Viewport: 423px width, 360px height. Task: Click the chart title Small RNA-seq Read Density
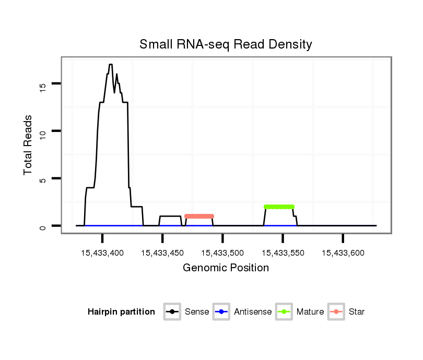point(226,44)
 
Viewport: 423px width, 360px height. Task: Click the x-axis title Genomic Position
point(226,268)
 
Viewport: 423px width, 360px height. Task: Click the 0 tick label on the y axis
point(43,226)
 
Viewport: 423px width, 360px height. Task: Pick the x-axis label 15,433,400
point(102,253)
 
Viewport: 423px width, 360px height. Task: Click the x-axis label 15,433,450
point(162,253)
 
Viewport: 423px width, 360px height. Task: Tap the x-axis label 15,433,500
point(222,253)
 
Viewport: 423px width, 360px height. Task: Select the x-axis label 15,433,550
point(283,253)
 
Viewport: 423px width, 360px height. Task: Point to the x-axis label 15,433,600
point(343,253)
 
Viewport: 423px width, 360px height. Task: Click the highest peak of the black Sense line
point(111,65)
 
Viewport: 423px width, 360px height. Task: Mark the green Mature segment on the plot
point(279,207)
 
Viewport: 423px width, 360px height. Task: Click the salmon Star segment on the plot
point(199,216)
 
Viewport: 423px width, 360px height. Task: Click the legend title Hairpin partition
point(121,312)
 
